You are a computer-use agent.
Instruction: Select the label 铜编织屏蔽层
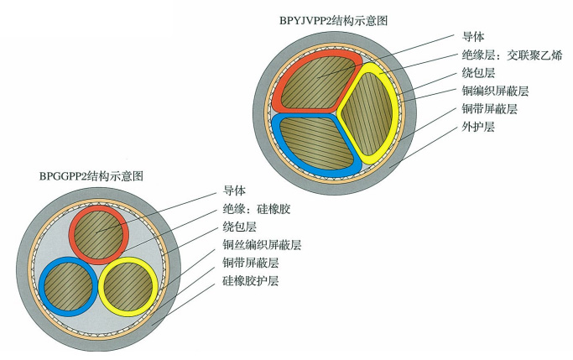click(495, 91)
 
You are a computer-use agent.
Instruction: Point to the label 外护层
click(478, 127)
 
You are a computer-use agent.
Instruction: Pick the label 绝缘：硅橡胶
click(256, 208)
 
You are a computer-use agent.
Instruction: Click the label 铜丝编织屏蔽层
click(262, 244)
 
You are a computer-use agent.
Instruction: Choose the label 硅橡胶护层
click(250, 280)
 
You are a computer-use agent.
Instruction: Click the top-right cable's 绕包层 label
click(478, 73)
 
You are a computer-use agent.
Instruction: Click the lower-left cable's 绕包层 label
click(238, 227)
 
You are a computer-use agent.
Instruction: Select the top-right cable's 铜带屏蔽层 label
click(489, 109)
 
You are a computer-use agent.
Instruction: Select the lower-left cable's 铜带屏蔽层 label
click(250, 263)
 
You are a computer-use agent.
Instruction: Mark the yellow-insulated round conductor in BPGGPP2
click(128, 284)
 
